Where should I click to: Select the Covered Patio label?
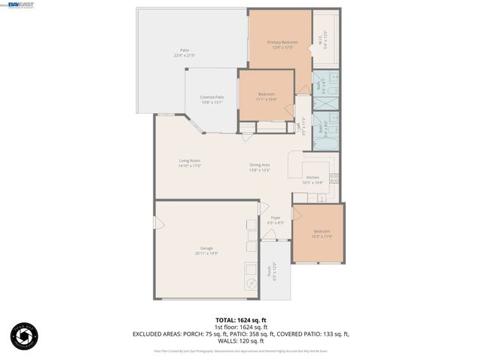212,97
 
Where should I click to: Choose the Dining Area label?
260,165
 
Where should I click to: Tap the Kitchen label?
313,179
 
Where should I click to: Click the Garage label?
206,249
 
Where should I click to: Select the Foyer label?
276,218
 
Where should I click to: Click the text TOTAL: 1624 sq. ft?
240,320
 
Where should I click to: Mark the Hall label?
300,127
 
